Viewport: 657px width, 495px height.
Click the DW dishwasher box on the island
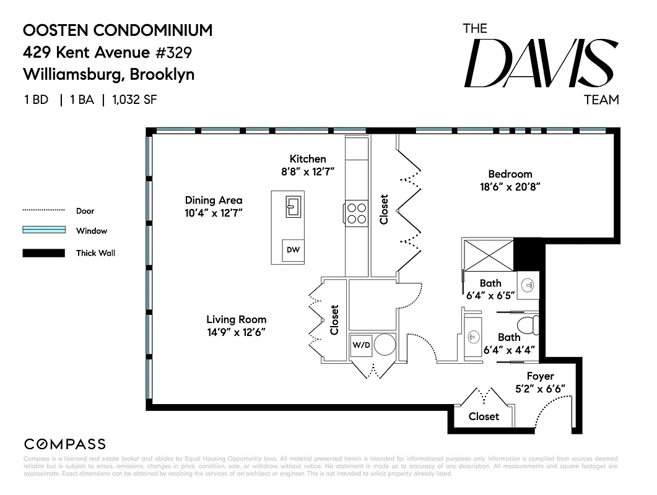293,249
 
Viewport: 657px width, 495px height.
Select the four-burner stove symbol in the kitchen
356,213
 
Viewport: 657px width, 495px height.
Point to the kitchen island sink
294,206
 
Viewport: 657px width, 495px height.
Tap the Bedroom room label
510,174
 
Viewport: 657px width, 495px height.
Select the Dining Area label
214,200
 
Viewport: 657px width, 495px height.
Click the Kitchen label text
308,159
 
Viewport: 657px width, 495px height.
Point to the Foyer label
540,376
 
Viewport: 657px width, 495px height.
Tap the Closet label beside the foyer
484,416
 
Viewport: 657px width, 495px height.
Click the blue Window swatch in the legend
43,230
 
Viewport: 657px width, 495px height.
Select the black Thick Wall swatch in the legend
43,252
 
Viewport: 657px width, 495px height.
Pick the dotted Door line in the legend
43,210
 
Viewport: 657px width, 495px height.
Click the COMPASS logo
64,444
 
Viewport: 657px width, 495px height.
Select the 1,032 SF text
134,100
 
